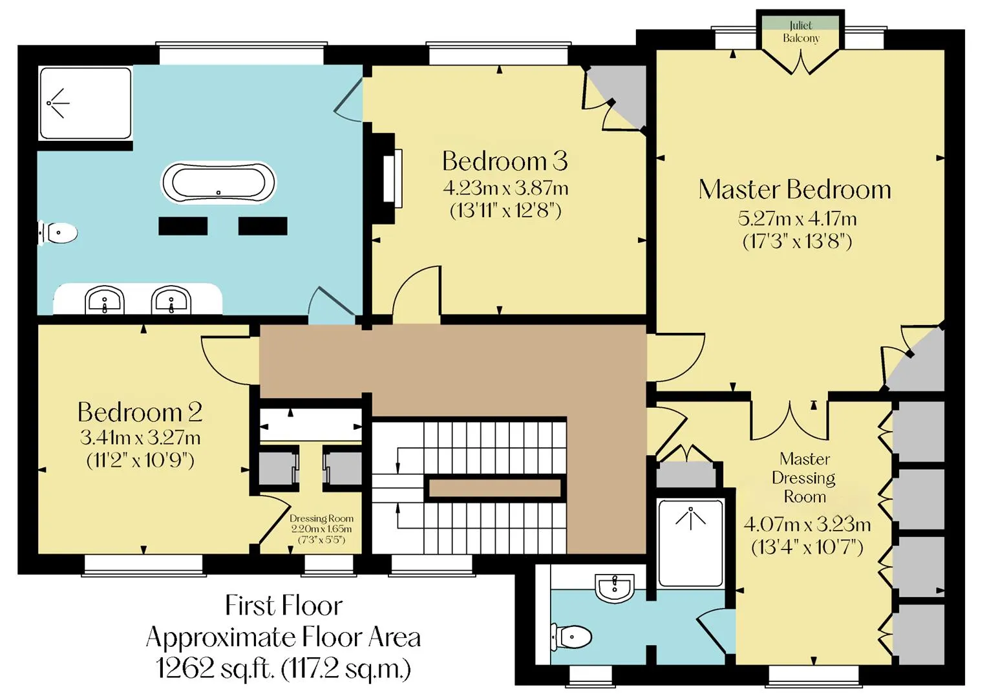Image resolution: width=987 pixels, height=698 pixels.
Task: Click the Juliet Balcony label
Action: pyautogui.click(x=801, y=32)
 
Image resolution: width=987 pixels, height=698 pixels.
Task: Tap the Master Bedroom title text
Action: pyautogui.click(x=794, y=189)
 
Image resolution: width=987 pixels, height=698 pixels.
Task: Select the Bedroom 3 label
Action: pyautogui.click(x=505, y=161)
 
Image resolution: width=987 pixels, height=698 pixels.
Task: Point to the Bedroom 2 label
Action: pyautogui.click(x=140, y=412)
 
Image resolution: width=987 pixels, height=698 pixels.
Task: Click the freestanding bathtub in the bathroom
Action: pyautogui.click(x=218, y=183)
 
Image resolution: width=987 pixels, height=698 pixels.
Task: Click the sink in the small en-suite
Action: pyautogui.click(x=615, y=588)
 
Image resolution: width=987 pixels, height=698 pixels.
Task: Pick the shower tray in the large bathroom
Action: pyautogui.click(x=85, y=103)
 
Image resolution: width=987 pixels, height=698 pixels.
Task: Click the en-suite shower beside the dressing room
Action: pyautogui.click(x=690, y=543)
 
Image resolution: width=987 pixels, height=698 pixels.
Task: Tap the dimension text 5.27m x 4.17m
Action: pyautogui.click(x=797, y=218)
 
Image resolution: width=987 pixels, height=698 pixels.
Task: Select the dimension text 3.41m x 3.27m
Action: pyautogui.click(x=140, y=438)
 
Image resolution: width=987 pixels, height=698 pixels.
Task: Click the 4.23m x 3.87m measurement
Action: pyautogui.click(x=505, y=189)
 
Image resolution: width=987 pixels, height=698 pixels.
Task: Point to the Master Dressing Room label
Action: pyautogui.click(x=805, y=478)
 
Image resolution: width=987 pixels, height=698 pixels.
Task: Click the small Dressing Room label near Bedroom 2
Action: pyautogui.click(x=322, y=518)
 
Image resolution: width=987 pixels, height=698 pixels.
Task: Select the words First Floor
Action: pyautogui.click(x=284, y=606)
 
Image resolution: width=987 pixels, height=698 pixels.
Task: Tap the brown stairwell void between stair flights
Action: pyautogui.click(x=495, y=488)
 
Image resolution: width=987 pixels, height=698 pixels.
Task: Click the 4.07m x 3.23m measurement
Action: pyautogui.click(x=807, y=525)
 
